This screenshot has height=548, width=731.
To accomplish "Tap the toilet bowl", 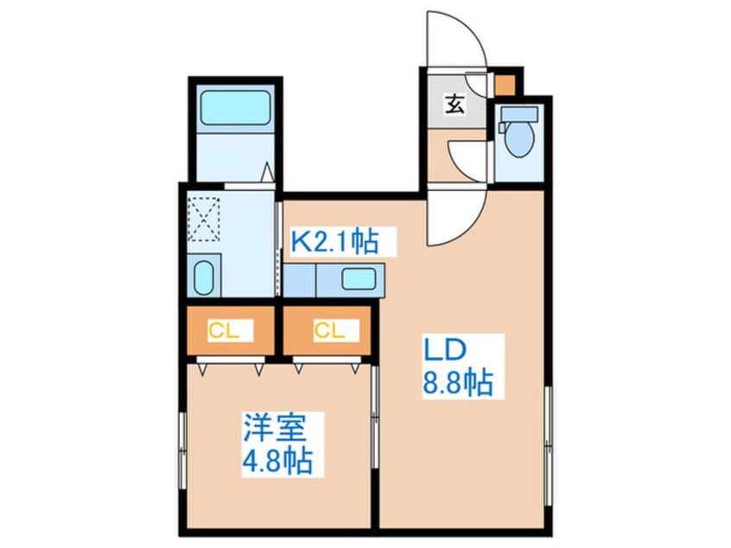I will click(519, 141).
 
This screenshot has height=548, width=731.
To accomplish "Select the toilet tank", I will click(518, 117).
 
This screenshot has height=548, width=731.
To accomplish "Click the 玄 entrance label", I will click(455, 106).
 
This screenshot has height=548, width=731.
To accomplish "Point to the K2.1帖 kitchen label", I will click(334, 241).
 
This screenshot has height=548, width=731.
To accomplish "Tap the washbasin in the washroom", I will click(203, 277).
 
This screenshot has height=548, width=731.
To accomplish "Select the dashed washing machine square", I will click(207, 218).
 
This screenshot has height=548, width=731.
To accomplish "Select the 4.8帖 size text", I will click(276, 459).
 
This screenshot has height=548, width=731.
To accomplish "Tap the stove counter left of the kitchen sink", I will click(302, 279).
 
